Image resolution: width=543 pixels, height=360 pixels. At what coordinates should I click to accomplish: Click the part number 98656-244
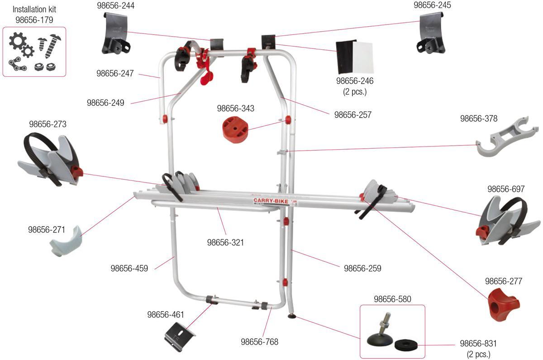[116, 5]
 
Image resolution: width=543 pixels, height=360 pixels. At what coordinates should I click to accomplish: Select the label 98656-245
[433, 5]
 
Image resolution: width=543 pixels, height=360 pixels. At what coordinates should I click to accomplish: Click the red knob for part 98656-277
[504, 304]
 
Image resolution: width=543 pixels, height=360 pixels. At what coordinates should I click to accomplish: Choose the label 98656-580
[392, 299]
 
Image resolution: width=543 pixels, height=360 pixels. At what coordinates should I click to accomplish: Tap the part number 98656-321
[225, 242]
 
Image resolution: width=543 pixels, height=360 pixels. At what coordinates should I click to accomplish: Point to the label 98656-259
[362, 268]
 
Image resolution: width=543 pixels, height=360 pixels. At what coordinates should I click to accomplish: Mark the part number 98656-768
[259, 342]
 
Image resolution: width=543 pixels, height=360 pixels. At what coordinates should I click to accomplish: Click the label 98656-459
[129, 268]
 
